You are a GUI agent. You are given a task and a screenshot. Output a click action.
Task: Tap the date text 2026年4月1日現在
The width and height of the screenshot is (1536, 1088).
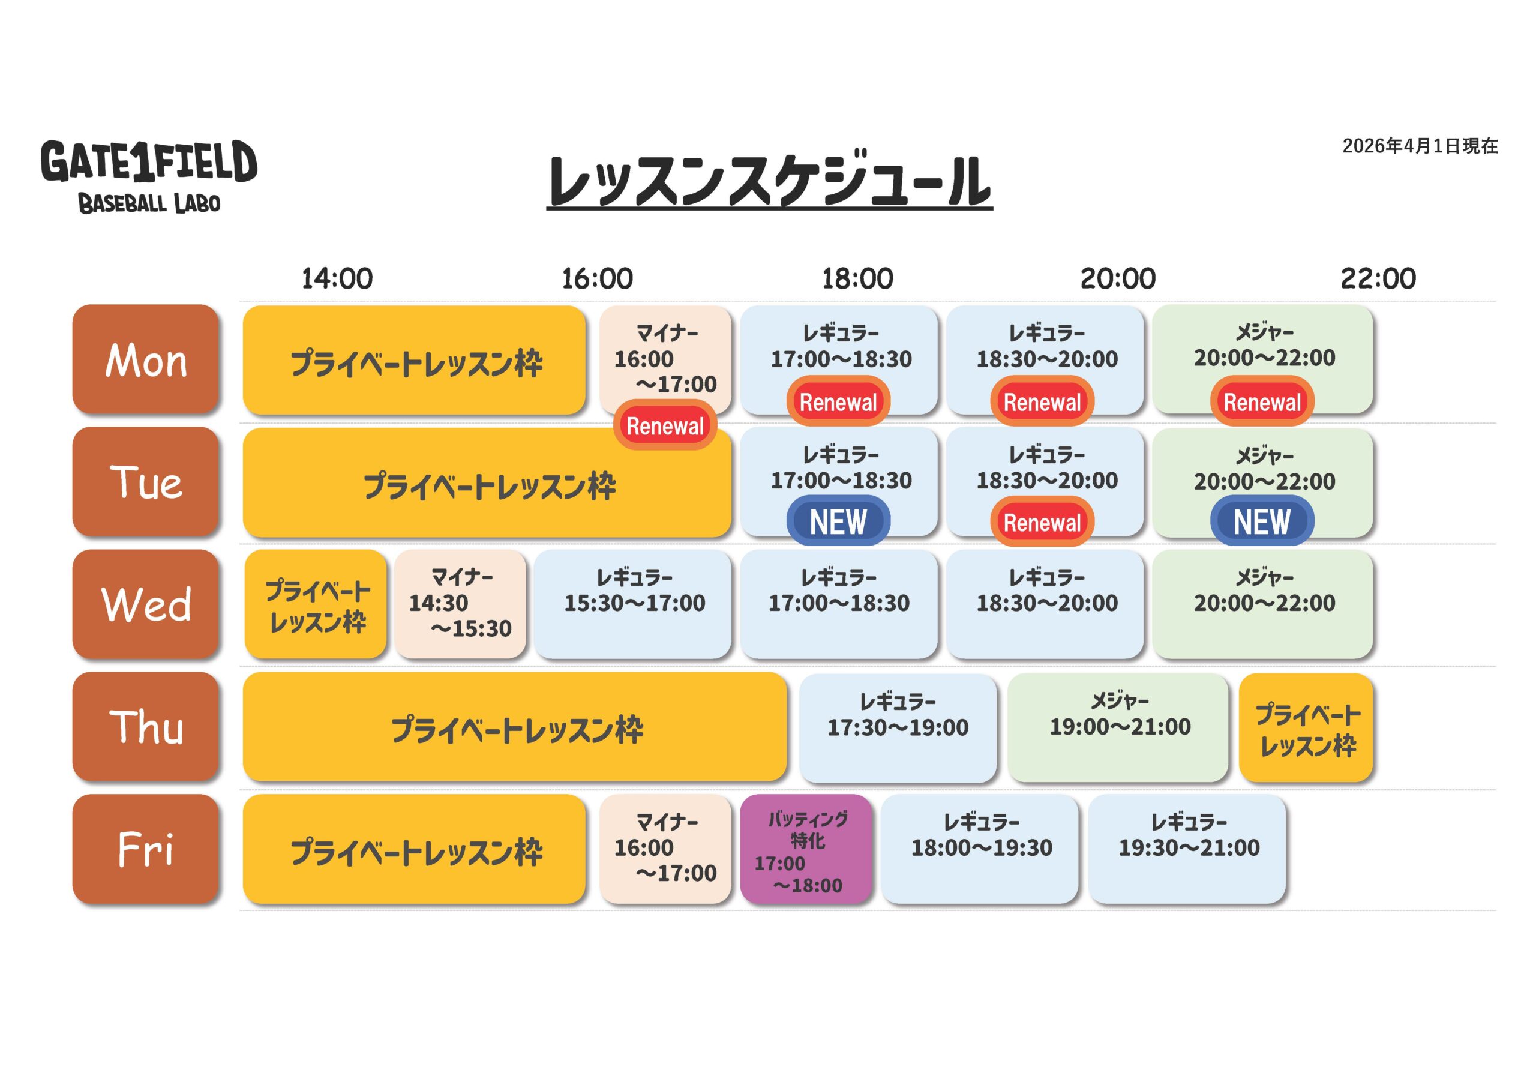(1420, 146)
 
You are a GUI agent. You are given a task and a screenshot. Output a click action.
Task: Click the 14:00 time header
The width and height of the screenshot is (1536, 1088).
(337, 278)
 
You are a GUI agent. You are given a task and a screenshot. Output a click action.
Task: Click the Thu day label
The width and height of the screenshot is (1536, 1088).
(146, 726)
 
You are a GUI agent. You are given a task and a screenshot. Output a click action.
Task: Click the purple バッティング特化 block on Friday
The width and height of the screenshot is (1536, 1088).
(806, 850)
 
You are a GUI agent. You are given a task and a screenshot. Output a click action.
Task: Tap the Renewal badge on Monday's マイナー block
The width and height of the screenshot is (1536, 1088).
(665, 425)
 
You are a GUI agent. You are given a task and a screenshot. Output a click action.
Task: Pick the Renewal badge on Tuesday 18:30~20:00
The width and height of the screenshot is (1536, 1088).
(1042, 522)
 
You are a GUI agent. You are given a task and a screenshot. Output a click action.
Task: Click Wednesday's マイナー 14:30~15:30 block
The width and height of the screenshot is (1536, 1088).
(460, 604)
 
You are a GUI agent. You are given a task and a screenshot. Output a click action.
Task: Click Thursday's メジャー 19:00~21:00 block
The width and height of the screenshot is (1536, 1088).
(1118, 727)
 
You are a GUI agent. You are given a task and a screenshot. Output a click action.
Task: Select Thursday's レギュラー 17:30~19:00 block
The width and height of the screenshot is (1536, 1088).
(898, 727)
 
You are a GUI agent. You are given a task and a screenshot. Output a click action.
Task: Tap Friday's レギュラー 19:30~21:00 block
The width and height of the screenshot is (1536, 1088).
(1187, 849)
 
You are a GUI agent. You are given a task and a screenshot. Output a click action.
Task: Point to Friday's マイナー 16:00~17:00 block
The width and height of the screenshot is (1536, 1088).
(665, 849)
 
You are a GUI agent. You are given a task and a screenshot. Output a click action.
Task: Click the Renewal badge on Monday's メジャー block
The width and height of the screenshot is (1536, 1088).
(1261, 402)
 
